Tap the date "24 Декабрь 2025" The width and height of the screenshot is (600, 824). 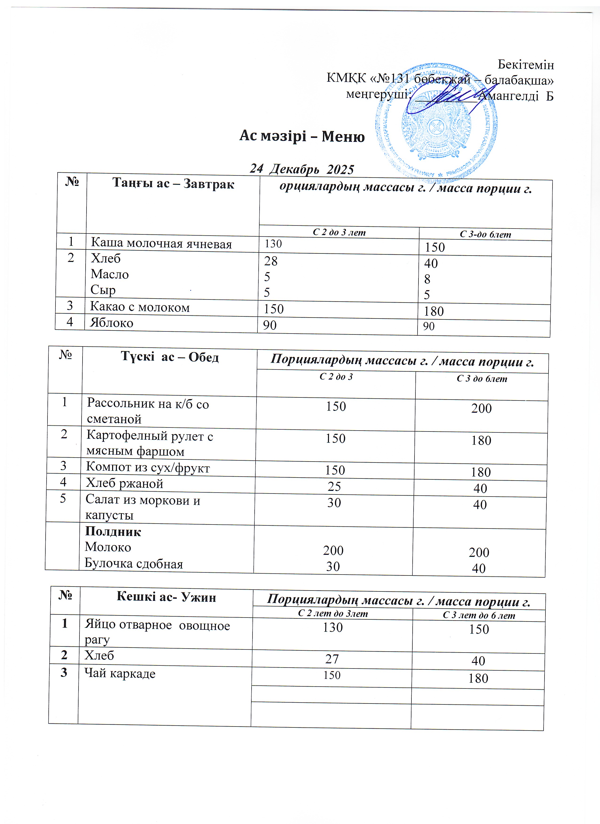(x=302, y=169)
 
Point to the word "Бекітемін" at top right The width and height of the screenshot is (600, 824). (x=525, y=65)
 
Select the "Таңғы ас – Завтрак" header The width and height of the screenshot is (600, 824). (x=173, y=183)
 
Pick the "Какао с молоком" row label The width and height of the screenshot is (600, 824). (x=140, y=307)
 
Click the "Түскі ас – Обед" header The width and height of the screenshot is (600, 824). (x=170, y=357)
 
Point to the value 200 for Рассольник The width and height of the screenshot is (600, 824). (x=481, y=408)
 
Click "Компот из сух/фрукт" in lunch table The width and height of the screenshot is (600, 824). (x=148, y=468)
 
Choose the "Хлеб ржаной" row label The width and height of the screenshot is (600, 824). (x=124, y=484)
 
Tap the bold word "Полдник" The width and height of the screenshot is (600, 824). (x=113, y=532)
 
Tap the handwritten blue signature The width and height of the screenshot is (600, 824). (x=451, y=96)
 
